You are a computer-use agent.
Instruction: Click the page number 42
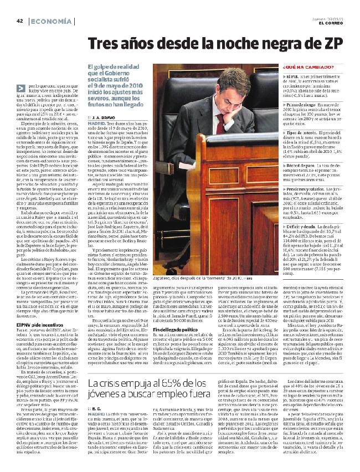click(20, 21)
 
